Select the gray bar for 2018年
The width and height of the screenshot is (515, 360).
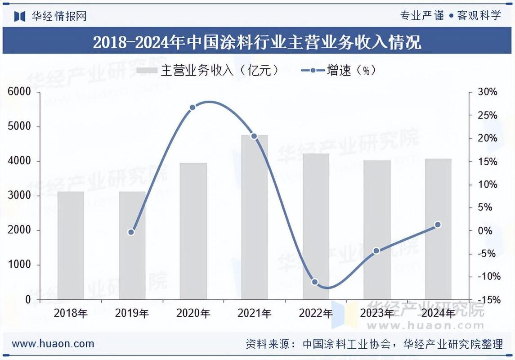[71, 246]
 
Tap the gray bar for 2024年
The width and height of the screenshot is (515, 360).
[438, 229]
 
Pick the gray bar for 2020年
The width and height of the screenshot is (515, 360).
[193, 231]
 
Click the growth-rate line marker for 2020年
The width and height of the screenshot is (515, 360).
[193, 108]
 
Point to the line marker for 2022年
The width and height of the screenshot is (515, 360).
[315, 282]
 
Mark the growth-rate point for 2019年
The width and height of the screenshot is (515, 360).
[131, 232]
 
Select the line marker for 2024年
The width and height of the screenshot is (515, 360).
[438, 225]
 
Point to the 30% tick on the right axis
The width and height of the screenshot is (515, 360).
[487, 92]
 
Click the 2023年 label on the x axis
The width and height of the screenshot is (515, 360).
[377, 313]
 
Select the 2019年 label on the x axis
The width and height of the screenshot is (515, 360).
[132, 313]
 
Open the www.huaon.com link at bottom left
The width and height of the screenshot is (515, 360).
[53, 344]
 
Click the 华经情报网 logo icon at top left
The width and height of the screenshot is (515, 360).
[20, 17]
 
